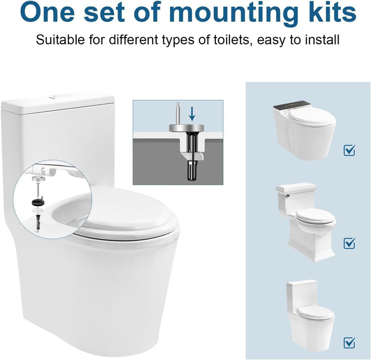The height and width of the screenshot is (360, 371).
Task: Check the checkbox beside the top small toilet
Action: coord(349,150)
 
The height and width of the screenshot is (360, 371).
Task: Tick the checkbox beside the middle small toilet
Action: coord(349,242)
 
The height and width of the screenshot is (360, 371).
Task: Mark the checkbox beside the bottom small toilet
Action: coord(349,342)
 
